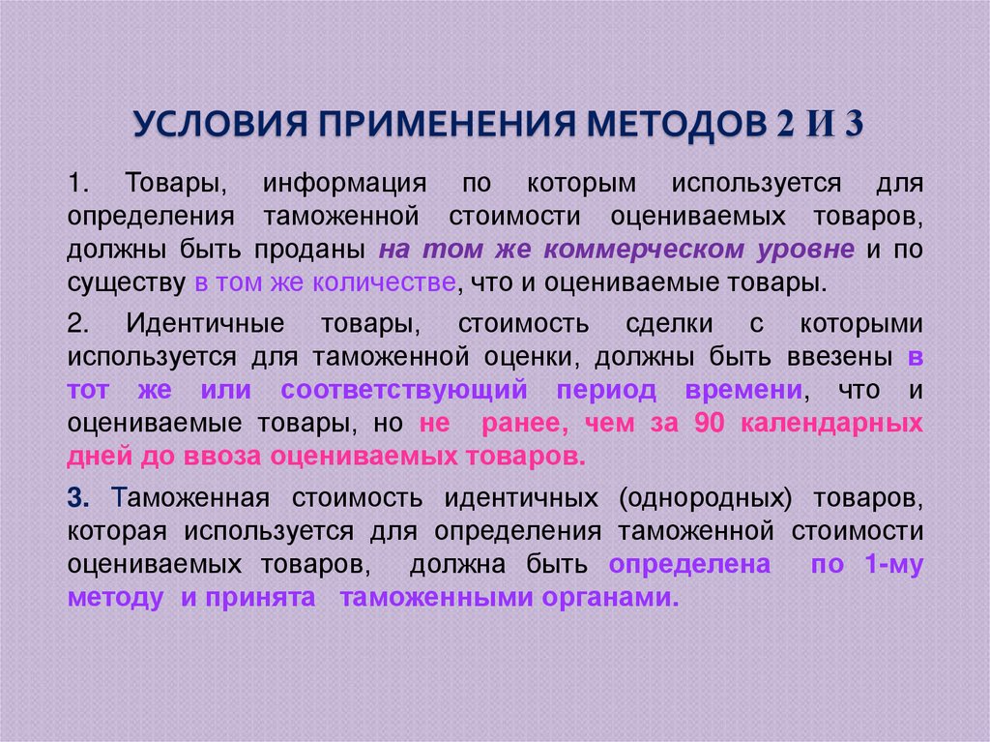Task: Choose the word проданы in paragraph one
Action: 310,250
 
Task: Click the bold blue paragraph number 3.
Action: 77,497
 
